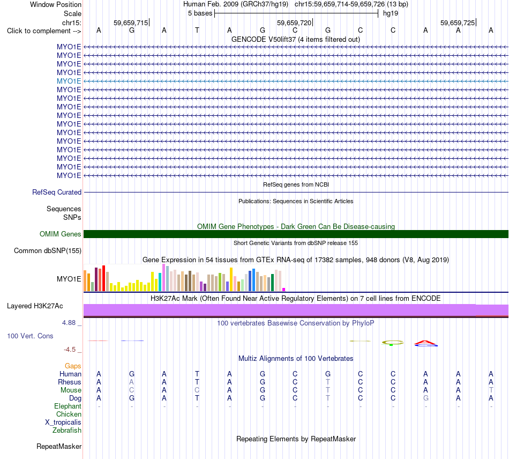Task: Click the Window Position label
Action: tap(56, 4)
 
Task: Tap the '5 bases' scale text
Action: tap(200, 13)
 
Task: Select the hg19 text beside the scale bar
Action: tap(391, 13)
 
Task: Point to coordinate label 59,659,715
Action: tap(131, 23)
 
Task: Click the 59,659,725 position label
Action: tap(458, 23)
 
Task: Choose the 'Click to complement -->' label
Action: tap(44, 31)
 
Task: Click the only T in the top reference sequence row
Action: tap(197, 30)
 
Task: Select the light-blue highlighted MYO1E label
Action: tap(69, 81)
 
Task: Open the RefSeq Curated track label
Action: tap(57, 193)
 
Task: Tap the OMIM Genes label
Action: tap(61, 234)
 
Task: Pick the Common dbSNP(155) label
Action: tap(48, 251)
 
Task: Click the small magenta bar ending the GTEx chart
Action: tap(284, 290)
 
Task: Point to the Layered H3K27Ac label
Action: tap(35, 306)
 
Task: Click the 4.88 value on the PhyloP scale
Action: tap(69, 323)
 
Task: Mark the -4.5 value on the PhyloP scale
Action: tap(70, 350)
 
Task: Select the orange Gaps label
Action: tap(73, 366)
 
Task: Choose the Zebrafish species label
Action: tap(67, 431)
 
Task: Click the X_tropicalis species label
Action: tap(63, 423)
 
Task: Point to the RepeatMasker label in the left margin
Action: tap(59, 446)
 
